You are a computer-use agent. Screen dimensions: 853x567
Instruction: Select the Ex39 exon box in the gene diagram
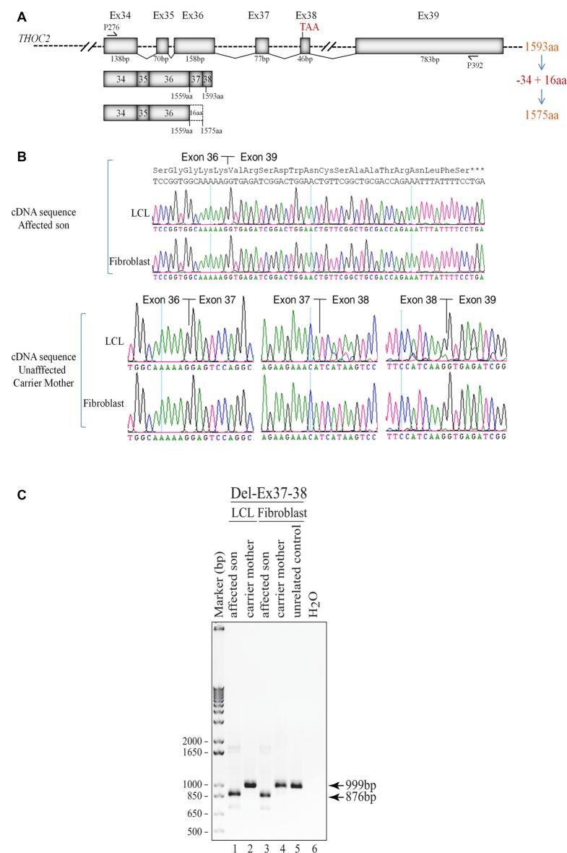(x=429, y=45)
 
